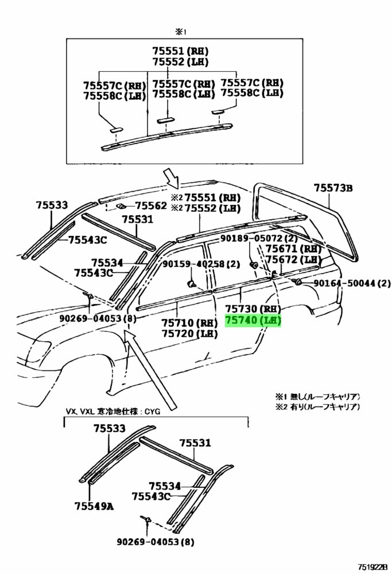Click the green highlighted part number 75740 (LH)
point(253,321)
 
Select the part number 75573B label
point(333,188)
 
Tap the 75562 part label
point(151,206)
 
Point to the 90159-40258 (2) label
point(201,263)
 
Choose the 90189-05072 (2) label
point(259,239)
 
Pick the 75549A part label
point(94,506)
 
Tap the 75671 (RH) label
point(293,249)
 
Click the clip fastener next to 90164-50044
point(297,281)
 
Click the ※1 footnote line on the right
point(317,397)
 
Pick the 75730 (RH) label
point(253,309)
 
